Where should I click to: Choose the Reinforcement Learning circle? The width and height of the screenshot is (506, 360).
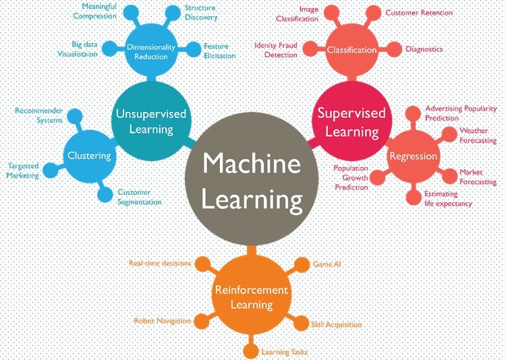pos(251,297)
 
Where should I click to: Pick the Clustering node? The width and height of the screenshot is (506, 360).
pos(89,156)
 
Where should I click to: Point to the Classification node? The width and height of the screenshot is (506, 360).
pos(352,50)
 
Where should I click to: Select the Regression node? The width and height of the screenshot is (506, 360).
pos(413,156)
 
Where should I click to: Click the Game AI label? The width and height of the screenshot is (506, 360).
pos(327,264)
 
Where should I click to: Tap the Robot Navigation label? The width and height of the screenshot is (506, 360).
pos(162,321)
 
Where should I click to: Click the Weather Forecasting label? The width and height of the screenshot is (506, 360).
pos(478,136)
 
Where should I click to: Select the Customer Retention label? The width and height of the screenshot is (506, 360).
pos(418,12)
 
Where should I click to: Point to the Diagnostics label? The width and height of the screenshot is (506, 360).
pos(424,49)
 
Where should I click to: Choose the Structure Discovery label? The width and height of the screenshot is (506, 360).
pos(200,13)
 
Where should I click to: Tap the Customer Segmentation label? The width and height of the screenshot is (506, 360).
pos(139,197)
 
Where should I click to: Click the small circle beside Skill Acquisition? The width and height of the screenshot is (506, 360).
pos(300,324)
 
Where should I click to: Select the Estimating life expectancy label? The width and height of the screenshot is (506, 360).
pos(448,198)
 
